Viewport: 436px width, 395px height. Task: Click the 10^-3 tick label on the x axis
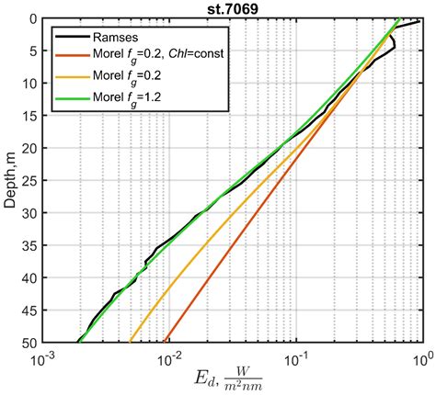click(41, 355)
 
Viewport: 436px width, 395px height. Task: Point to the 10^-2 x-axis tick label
click(168, 355)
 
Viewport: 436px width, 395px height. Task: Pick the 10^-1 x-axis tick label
click(296, 355)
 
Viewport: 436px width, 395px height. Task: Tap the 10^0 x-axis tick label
click(422, 355)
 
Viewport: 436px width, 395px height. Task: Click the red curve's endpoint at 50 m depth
click(164, 340)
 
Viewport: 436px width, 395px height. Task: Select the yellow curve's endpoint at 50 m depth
click(131, 340)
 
